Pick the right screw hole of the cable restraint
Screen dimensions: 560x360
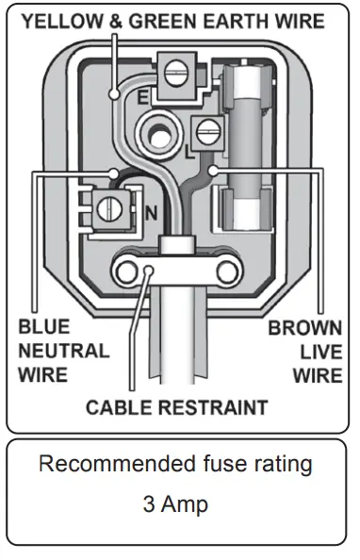[x=225, y=272]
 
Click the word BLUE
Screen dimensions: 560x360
[x=42, y=330]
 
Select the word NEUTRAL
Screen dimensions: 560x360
[x=63, y=352]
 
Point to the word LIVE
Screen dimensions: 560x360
[x=321, y=352]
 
